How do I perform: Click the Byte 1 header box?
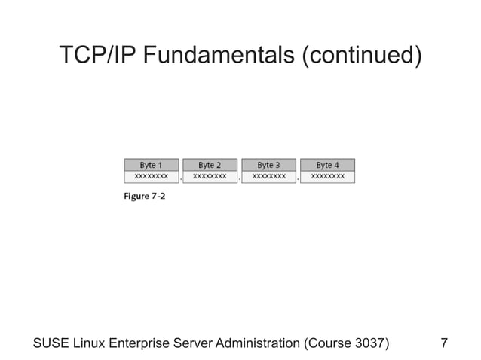click(152, 165)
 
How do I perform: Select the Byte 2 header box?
click(210, 165)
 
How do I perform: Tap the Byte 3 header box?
click(268, 165)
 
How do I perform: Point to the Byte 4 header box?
click(327, 165)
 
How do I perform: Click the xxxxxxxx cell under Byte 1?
click(152, 177)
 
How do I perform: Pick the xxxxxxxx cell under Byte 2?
click(210, 177)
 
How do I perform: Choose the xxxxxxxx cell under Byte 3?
click(268, 177)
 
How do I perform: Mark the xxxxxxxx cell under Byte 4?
click(327, 177)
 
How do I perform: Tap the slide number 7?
click(444, 344)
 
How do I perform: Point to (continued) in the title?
click(361, 56)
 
